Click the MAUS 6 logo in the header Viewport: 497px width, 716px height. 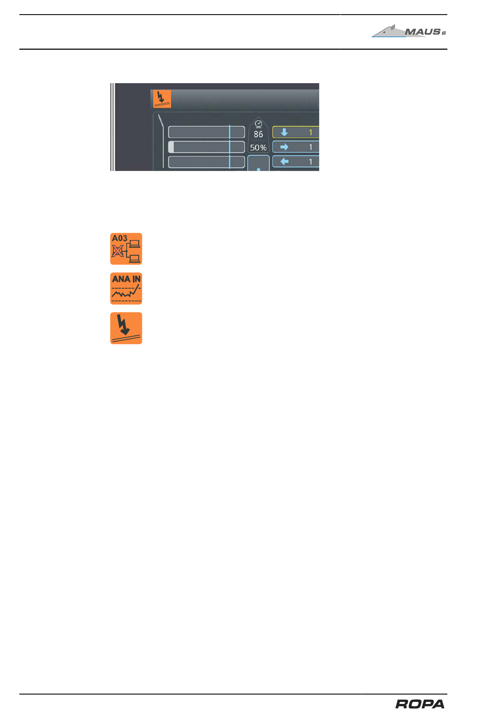[409, 31]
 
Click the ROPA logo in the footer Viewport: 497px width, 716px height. [420, 704]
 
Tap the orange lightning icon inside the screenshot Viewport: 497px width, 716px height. [162, 98]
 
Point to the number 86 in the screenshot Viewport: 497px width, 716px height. [258, 134]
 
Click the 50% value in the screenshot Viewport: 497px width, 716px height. [258, 147]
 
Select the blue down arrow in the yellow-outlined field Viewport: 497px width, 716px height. [285, 132]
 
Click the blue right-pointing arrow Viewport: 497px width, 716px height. [285, 147]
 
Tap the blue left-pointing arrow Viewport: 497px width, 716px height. [285, 162]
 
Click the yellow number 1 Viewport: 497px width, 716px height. [310, 132]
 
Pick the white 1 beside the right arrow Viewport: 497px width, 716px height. [310, 147]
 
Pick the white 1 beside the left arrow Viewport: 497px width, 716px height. [310, 162]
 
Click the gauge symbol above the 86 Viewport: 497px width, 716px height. [258, 124]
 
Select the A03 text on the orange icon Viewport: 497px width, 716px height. [119, 238]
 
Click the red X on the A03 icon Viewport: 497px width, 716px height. [117, 252]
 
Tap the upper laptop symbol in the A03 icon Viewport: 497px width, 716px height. [135, 243]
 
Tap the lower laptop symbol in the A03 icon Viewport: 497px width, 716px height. [135, 258]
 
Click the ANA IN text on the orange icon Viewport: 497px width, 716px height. [126, 279]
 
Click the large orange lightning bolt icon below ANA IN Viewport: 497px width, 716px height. [126, 328]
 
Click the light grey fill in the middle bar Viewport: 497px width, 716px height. [171, 147]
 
